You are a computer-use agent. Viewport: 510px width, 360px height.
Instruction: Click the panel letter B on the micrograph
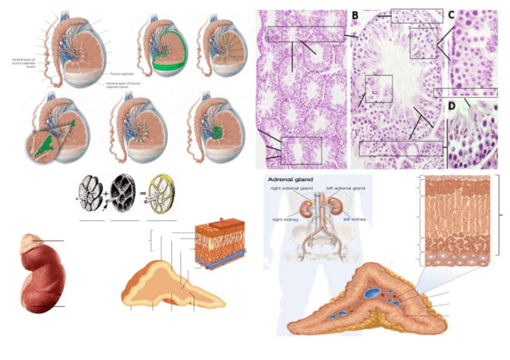coord(355,14)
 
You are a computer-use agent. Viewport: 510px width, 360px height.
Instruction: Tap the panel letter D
coord(452,106)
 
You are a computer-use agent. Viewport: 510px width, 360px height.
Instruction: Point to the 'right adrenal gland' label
coord(288,189)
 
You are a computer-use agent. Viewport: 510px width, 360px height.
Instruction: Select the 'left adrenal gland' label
coord(345,189)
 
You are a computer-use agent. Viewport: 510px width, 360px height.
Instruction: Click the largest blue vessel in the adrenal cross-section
coord(370,293)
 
